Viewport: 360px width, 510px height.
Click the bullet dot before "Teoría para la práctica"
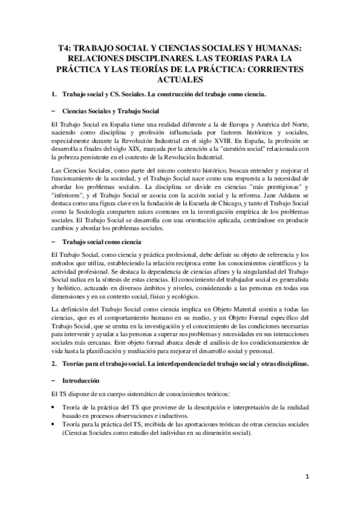pyautogui.click(x=54, y=425)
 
